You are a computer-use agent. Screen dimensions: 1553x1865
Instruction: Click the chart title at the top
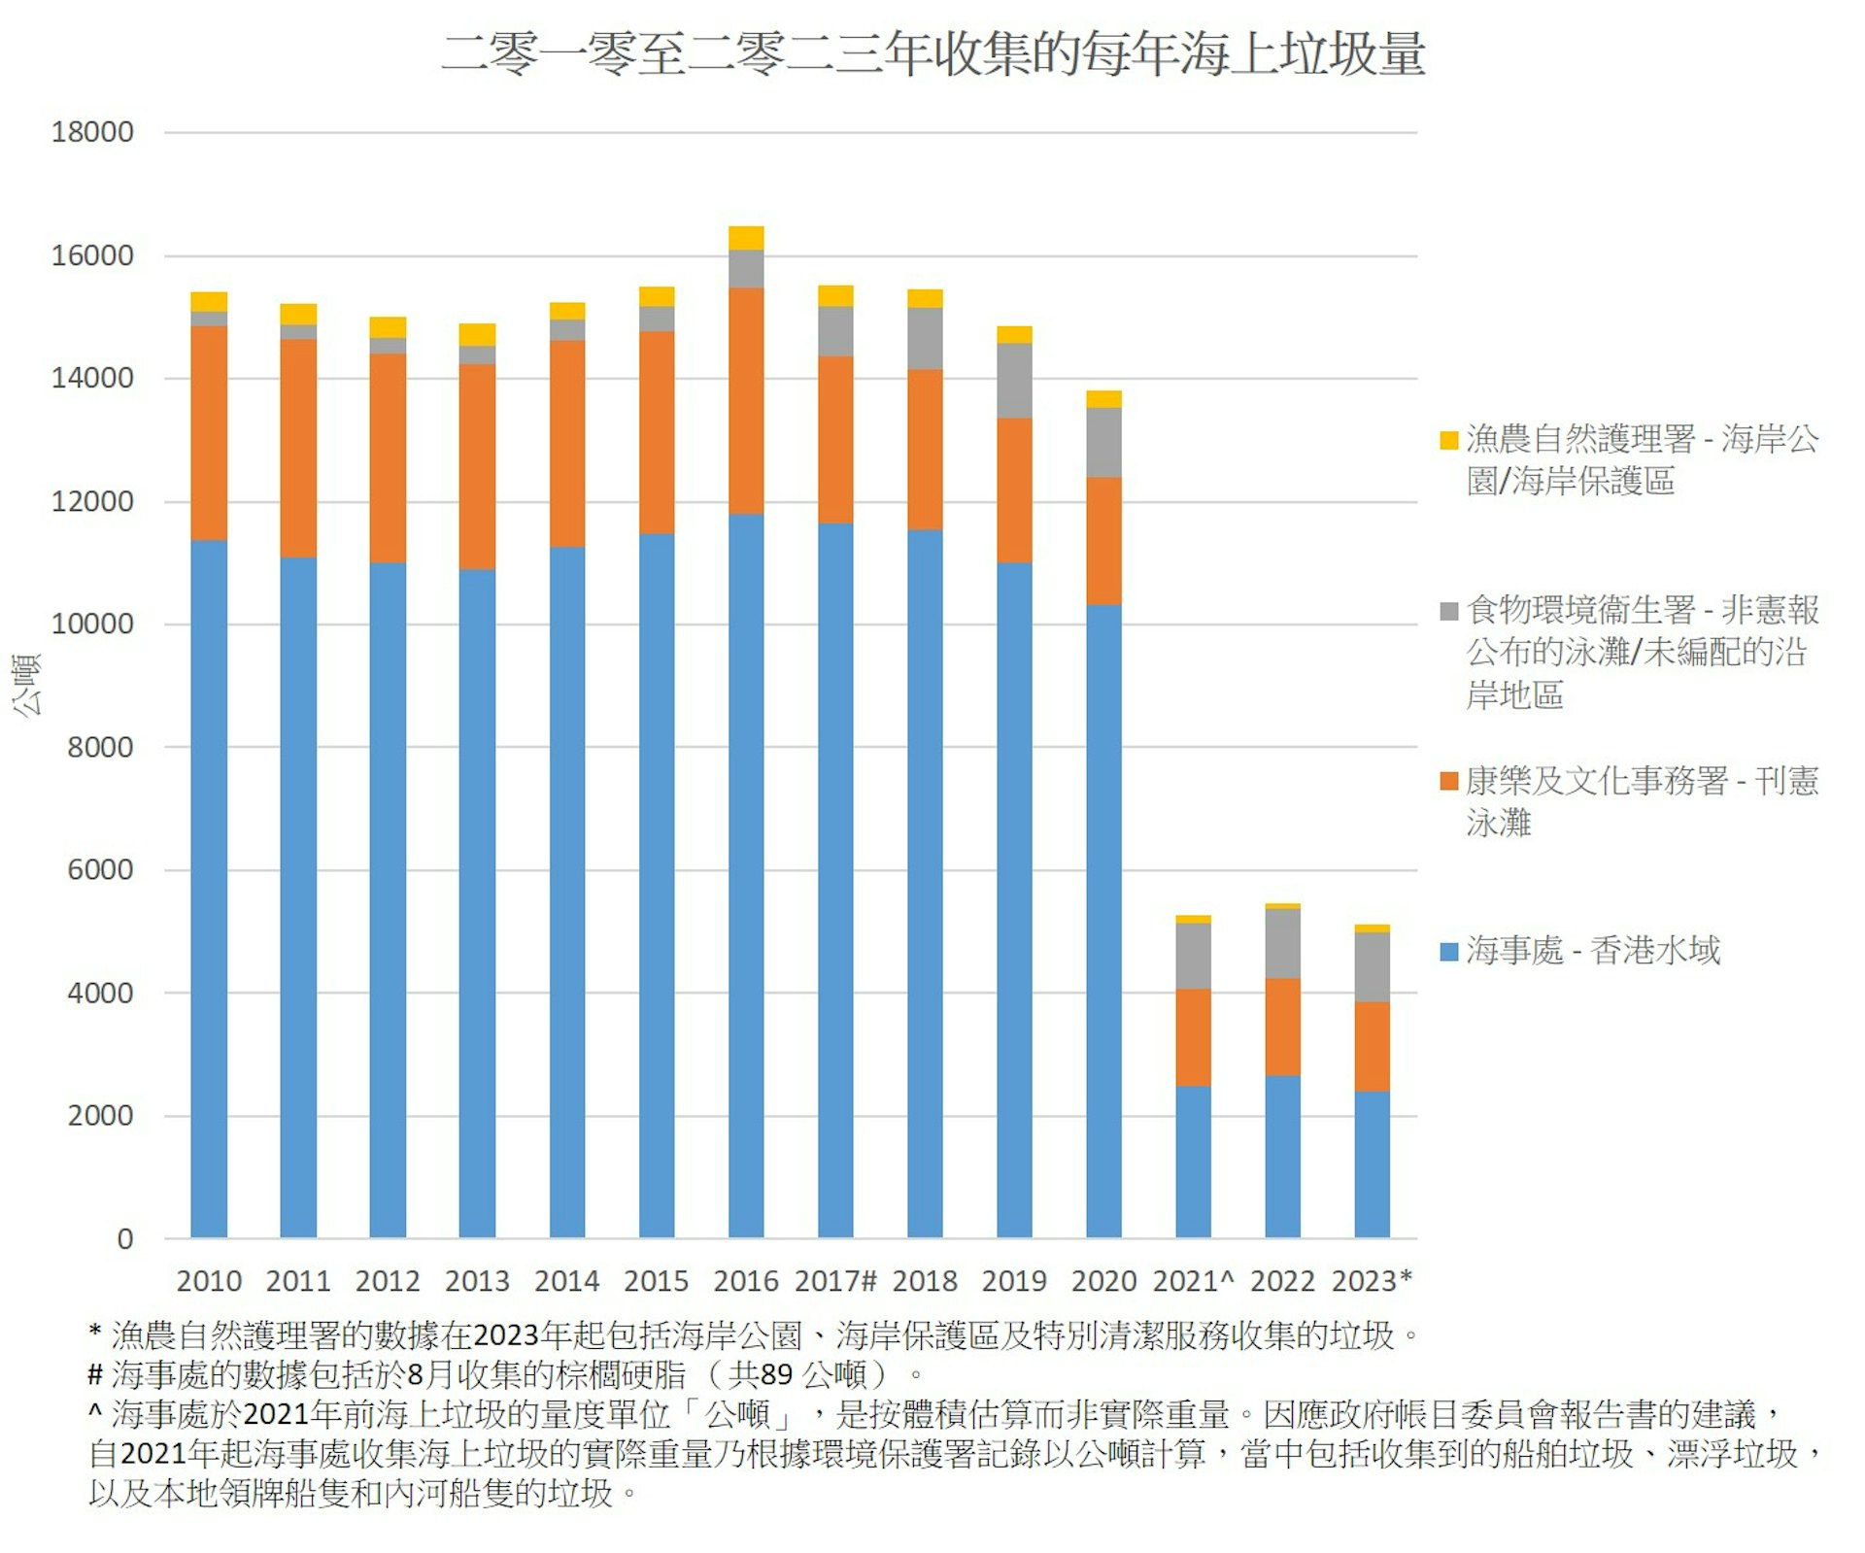[932, 53]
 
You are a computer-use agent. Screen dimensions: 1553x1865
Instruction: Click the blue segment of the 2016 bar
[746, 874]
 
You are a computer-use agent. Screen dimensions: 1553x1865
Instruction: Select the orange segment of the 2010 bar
[209, 432]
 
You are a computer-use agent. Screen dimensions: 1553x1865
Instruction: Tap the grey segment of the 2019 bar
[1014, 381]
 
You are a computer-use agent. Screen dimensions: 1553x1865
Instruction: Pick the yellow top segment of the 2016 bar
[746, 238]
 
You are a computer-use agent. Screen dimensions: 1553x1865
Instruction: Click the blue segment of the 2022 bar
[1282, 1156]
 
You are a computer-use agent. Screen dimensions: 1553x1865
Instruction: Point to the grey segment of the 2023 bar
[1372, 966]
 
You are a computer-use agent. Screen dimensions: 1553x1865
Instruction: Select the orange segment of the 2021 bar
[1193, 1037]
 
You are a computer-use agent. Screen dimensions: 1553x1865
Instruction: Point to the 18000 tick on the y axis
[92, 132]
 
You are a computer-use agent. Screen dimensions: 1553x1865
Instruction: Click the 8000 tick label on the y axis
[100, 747]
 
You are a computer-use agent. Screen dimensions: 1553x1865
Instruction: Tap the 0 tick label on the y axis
[124, 1238]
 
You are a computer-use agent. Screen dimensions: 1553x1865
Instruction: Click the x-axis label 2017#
[835, 1281]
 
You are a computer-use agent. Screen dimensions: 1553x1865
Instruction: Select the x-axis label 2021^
[1193, 1281]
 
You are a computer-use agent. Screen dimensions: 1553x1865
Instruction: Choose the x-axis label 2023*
[1372, 1281]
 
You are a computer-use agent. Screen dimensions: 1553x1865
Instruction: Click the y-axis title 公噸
[26, 685]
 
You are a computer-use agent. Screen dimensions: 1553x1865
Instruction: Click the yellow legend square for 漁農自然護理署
[1448, 440]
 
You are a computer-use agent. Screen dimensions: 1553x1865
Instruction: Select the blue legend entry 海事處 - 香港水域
[1593, 950]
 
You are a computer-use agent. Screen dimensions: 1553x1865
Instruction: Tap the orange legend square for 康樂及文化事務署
[1448, 781]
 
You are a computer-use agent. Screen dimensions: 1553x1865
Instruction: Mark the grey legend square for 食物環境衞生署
[1448, 611]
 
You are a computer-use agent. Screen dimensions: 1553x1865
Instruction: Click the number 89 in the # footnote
[776, 1374]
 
